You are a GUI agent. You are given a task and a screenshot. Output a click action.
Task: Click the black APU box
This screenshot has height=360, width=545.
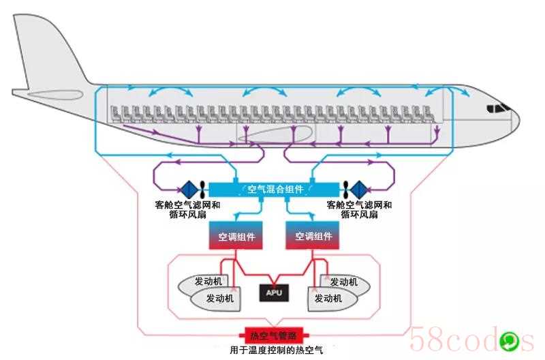274,293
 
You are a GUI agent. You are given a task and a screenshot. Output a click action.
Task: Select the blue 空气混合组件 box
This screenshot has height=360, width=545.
274,190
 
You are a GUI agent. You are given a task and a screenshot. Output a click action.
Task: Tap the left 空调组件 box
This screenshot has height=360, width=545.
236,235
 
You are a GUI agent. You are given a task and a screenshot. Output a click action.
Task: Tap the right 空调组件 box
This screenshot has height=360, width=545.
312,235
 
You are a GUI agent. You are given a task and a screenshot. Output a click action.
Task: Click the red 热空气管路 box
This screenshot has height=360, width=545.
274,335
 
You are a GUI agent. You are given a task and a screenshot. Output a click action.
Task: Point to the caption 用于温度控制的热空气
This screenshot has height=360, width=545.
277,350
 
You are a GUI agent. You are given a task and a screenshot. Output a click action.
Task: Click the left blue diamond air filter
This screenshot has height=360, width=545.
189,190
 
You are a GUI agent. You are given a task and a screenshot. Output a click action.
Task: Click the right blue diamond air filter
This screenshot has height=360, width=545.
359,190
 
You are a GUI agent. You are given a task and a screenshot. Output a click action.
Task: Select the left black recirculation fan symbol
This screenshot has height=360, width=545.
202,190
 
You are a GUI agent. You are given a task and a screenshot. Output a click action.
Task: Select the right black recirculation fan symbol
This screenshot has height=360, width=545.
345,190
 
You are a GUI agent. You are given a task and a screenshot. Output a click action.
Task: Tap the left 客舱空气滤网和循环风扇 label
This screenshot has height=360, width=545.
188,210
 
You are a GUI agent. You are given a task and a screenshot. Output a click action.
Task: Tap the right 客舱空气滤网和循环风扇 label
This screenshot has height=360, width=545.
360,210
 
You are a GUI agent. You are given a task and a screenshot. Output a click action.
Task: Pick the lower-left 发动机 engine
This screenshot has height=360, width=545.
216,299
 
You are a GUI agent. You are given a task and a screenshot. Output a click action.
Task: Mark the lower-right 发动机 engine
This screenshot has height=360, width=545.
332,299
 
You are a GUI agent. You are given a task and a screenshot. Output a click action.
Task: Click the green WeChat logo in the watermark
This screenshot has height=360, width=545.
509,342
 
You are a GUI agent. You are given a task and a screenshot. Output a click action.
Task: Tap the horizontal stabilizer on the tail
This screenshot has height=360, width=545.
55,95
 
